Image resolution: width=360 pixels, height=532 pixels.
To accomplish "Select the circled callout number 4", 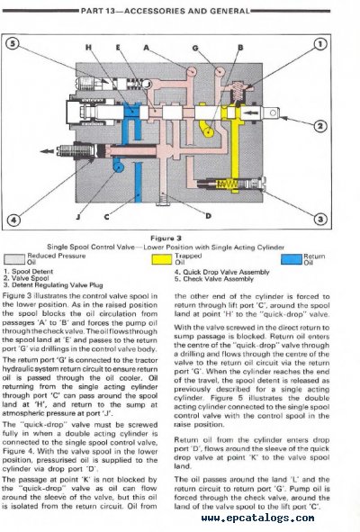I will pos(13,219).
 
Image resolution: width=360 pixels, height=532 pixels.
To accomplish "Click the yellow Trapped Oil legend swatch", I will pos(163,259).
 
